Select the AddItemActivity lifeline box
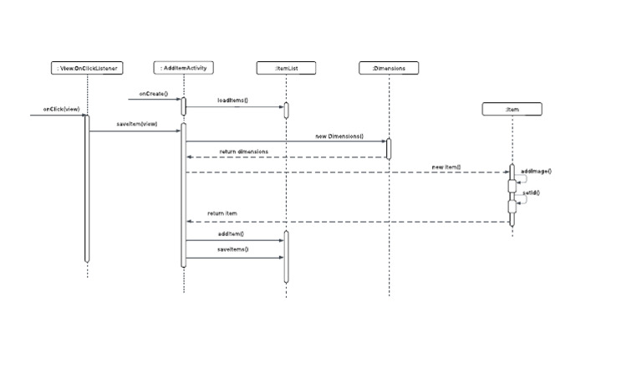click(184, 68)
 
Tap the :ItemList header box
click(286, 68)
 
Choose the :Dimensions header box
click(389, 68)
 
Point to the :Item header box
click(512, 109)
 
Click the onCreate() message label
click(154, 94)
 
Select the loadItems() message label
click(233, 100)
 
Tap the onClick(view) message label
click(62, 109)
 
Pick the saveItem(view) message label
click(136, 124)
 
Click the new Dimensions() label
click(339, 136)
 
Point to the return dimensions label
click(243, 151)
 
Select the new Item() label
click(446, 167)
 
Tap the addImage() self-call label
click(536, 171)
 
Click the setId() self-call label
click(531, 192)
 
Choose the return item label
click(222, 213)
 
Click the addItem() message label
click(231, 234)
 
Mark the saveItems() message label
click(233, 249)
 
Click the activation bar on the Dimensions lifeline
click(389, 148)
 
